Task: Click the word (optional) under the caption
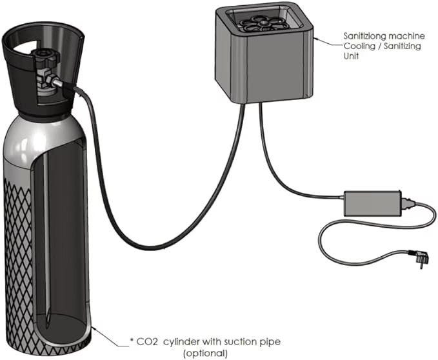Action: (x=206, y=353)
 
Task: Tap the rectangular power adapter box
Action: (x=372, y=203)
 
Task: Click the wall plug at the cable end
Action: (x=413, y=262)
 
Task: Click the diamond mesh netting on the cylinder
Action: (x=20, y=245)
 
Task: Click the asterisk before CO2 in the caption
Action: (x=132, y=340)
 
